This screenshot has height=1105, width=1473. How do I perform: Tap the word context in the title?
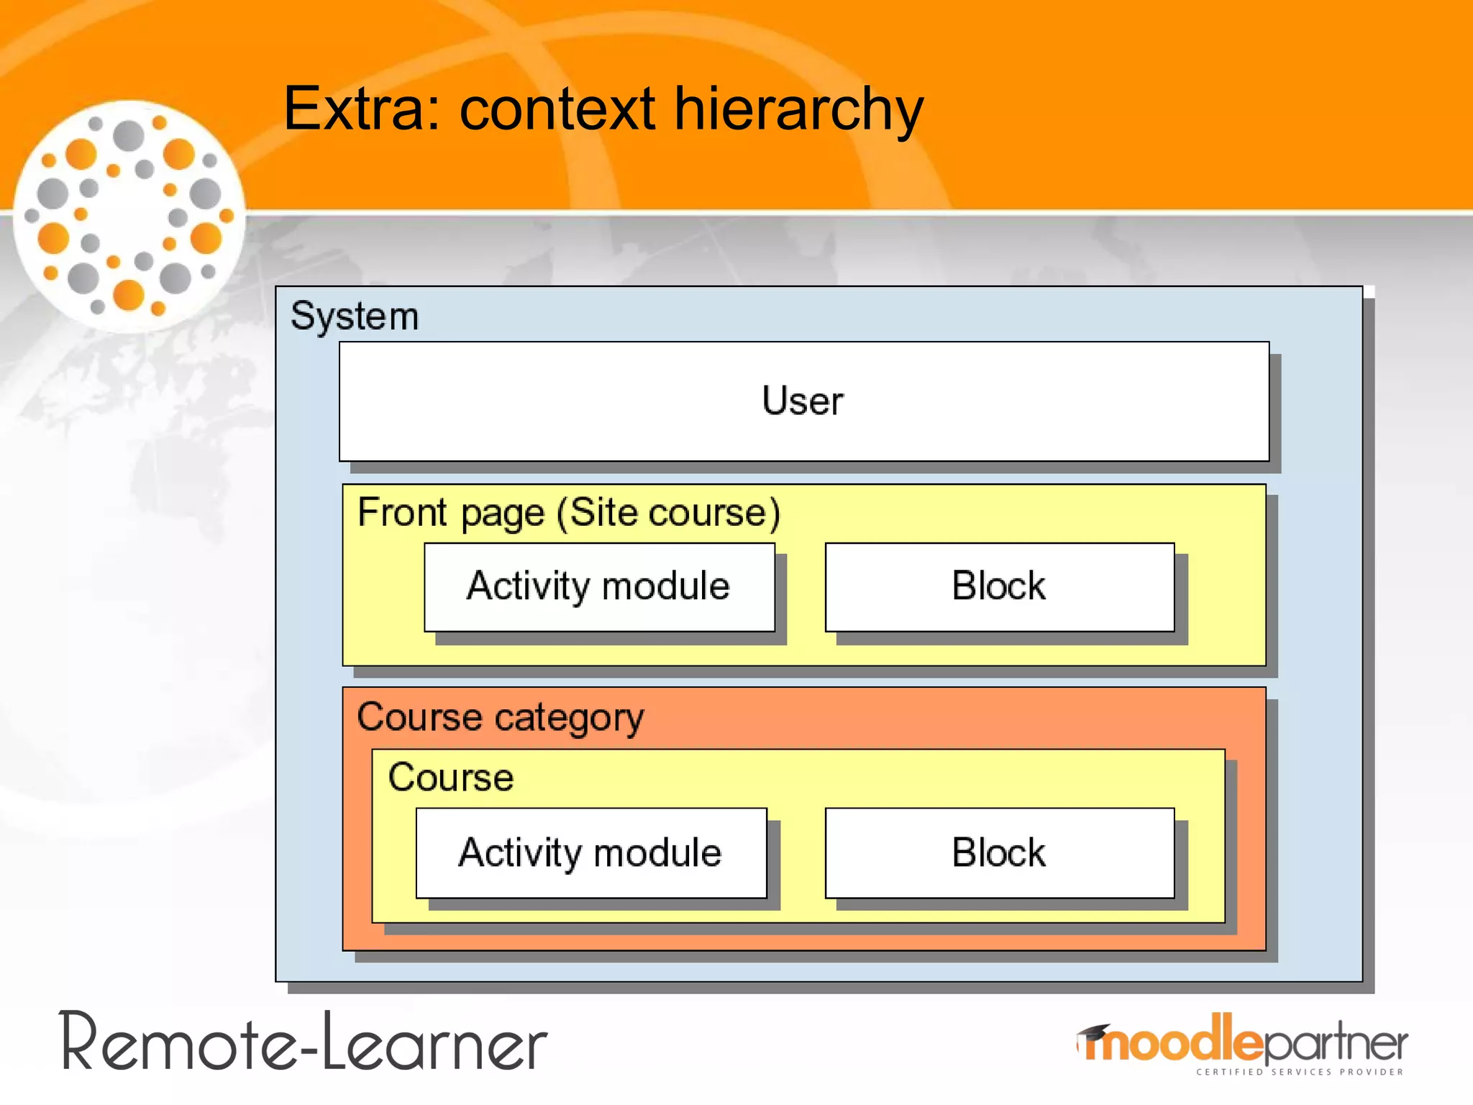click(x=557, y=109)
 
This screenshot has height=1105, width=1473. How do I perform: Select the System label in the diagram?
click(x=355, y=316)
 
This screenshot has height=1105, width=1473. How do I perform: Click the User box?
click(x=803, y=401)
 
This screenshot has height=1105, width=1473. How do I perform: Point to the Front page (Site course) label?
click(x=568, y=513)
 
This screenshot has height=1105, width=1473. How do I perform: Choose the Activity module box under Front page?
click(x=599, y=586)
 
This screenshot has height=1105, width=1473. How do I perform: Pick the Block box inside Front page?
click(x=999, y=586)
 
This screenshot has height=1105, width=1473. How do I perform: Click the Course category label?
click(x=501, y=717)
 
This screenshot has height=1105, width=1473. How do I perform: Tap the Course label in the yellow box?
click(x=451, y=778)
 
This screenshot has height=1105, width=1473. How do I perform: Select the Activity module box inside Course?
click(x=590, y=853)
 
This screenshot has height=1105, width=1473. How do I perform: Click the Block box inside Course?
click(x=999, y=853)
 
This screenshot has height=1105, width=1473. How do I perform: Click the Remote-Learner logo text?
click(x=304, y=1043)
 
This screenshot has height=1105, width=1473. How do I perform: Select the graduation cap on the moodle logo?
click(x=1094, y=1033)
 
